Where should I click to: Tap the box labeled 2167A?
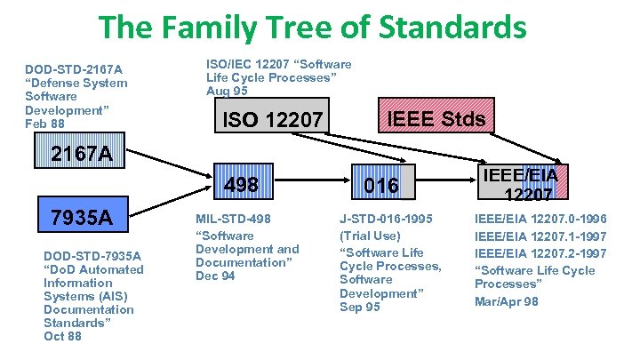81,154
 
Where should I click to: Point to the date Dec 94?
215,276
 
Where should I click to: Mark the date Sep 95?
359,307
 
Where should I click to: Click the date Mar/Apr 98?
506,300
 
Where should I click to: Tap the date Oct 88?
62,336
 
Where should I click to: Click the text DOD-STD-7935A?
92,256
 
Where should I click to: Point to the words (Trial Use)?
369,236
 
